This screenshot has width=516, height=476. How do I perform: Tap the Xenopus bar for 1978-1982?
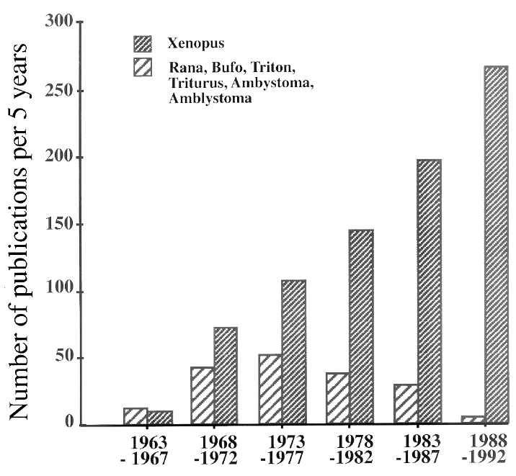[x=362, y=327]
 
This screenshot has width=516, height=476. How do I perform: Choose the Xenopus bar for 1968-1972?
[x=226, y=376]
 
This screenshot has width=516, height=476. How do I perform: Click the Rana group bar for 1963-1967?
[x=135, y=416]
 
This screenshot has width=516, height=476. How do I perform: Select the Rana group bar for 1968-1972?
[x=202, y=395]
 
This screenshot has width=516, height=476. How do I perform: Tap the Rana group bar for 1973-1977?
[x=270, y=389]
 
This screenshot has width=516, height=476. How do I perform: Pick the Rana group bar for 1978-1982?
[x=337, y=398]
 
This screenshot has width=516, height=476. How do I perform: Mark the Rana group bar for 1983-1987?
[x=405, y=404]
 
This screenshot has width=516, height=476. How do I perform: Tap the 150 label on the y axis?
[x=64, y=225]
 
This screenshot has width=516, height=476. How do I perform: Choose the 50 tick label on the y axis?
[x=68, y=359]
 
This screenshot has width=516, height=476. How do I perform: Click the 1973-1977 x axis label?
[x=281, y=446]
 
